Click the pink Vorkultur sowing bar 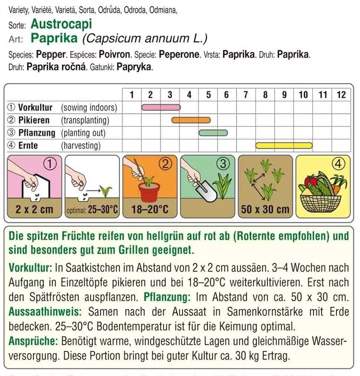pos(160,107)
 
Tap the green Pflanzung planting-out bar pos(213,133)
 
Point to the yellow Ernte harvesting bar pos(284,146)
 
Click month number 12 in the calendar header pos(341,94)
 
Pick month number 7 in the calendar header pos(246,94)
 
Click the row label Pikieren pos(34,120)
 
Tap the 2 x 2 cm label pos(34,210)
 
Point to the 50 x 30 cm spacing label pos(265,210)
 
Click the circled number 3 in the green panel pos(225,163)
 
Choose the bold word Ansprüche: pos(34,341)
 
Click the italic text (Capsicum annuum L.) pos(145,39)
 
